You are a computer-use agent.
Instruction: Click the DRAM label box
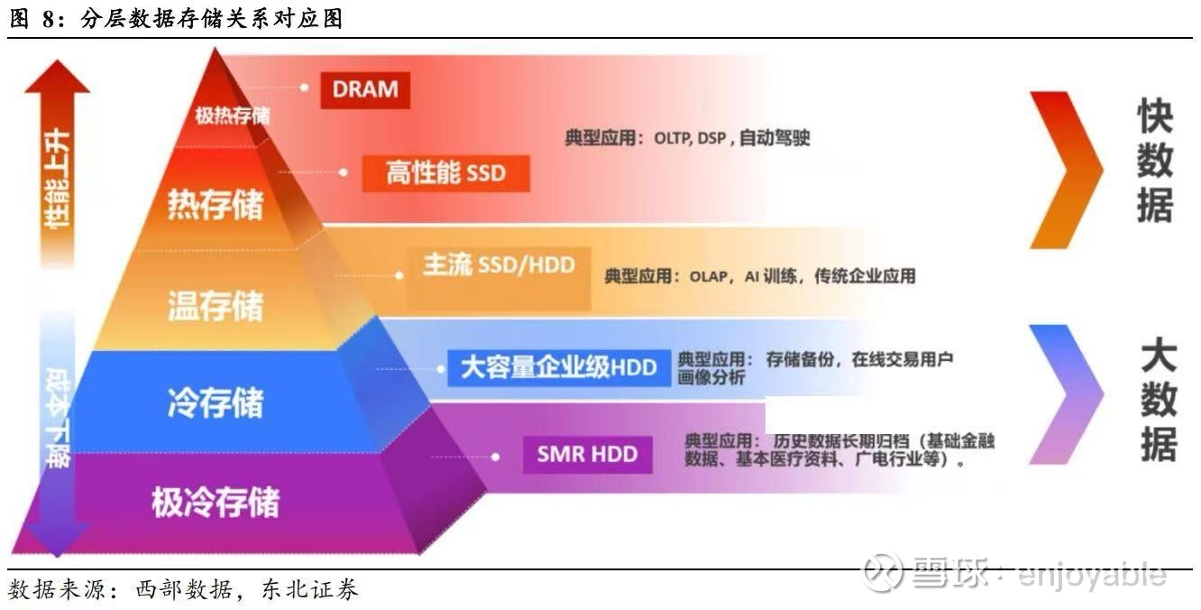pos(365,88)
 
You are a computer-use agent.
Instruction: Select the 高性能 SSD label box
pos(445,172)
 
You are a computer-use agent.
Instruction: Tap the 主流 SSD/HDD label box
pos(499,265)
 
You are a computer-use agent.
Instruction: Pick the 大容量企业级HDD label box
pos(559,367)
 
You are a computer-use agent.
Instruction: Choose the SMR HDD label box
pos(587,453)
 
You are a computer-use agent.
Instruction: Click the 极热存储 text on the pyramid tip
pos(232,116)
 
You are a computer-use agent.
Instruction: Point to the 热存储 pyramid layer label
pos(215,205)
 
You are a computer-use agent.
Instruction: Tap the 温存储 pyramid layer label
pos(215,305)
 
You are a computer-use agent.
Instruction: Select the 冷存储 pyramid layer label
pos(215,402)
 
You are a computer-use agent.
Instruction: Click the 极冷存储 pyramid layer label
pos(215,502)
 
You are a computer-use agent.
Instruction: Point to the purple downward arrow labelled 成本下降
pos(57,433)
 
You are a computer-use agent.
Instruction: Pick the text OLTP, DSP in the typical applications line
pos(690,139)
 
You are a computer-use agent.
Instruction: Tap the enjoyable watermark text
pos(1091,573)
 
